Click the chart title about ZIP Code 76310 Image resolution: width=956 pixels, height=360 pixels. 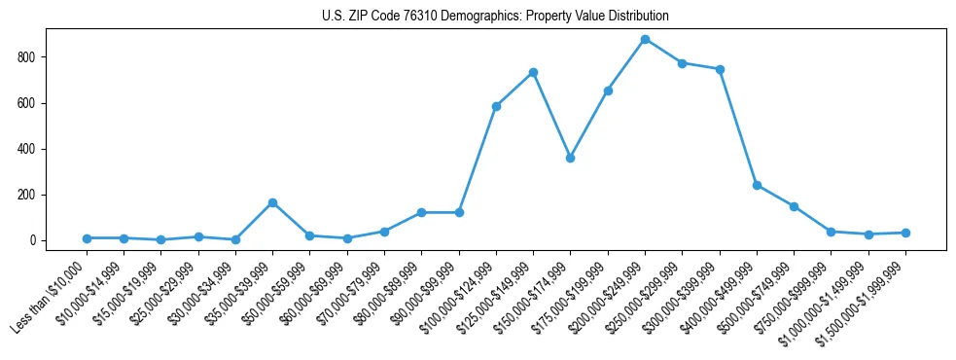click(x=495, y=17)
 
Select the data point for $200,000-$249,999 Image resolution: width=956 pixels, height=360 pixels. click(x=645, y=39)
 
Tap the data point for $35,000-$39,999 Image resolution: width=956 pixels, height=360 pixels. click(x=272, y=202)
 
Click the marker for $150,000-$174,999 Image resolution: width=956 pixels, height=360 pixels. click(x=570, y=158)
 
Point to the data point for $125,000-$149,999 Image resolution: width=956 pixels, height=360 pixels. click(x=533, y=72)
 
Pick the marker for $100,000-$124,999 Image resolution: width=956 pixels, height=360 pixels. click(x=496, y=106)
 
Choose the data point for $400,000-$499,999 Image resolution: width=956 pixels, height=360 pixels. click(x=757, y=185)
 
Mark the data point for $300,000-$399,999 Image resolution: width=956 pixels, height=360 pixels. click(x=720, y=69)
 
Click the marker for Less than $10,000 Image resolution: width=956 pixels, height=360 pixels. click(x=87, y=238)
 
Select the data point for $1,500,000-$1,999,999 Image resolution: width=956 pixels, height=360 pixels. click(x=905, y=233)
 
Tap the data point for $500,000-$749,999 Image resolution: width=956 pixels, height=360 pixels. click(x=794, y=206)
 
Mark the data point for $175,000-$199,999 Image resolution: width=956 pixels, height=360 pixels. click(x=608, y=90)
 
